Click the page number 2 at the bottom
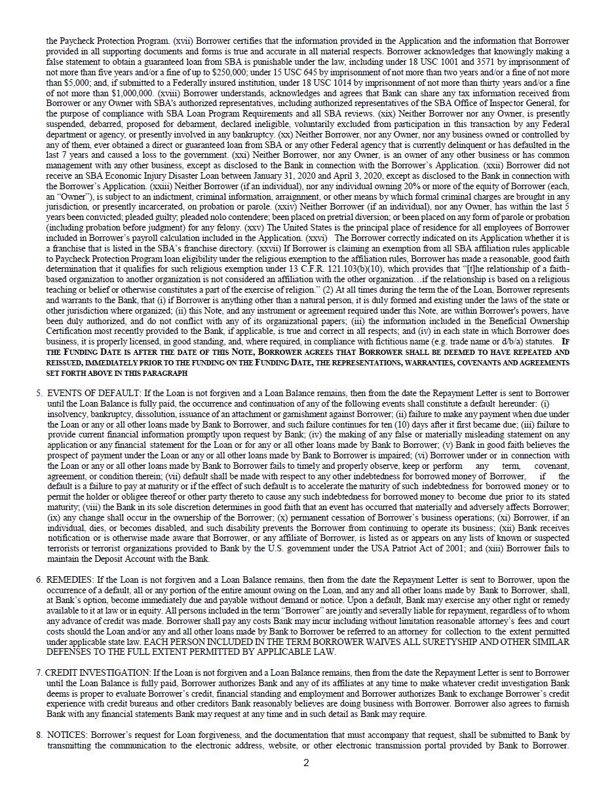[306, 762]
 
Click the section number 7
[39, 672]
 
